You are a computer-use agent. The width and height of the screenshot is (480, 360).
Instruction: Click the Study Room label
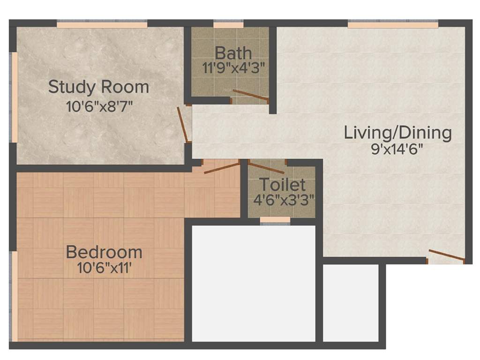click(x=99, y=87)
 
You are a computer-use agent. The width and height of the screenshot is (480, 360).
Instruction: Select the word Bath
click(x=233, y=53)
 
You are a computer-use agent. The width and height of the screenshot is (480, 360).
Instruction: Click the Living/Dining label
click(x=397, y=133)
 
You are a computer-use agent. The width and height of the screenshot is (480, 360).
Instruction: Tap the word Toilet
click(x=282, y=185)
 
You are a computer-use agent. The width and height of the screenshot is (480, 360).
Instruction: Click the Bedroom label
click(x=104, y=252)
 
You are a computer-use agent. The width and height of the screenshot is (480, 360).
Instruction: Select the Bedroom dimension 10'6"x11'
click(x=104, y=268)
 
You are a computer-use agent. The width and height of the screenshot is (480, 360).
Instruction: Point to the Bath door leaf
click(x=251, y=95)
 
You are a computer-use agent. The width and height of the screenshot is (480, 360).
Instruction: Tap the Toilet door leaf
click(x=266, y=167)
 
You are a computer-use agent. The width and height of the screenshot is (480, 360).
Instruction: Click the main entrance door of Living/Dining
click(x=446, y=255)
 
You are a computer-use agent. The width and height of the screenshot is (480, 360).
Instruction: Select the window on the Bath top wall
click(x=228, y=25)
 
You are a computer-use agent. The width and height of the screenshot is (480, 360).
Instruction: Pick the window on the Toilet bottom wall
click(x=275, y=219)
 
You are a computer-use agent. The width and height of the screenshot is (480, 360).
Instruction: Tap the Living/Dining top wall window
click(x=393, y=24)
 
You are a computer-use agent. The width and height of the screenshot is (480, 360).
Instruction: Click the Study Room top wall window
click(x=102, y=24)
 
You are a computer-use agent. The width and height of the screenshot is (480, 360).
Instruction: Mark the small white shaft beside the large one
click(x=351, y=303)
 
